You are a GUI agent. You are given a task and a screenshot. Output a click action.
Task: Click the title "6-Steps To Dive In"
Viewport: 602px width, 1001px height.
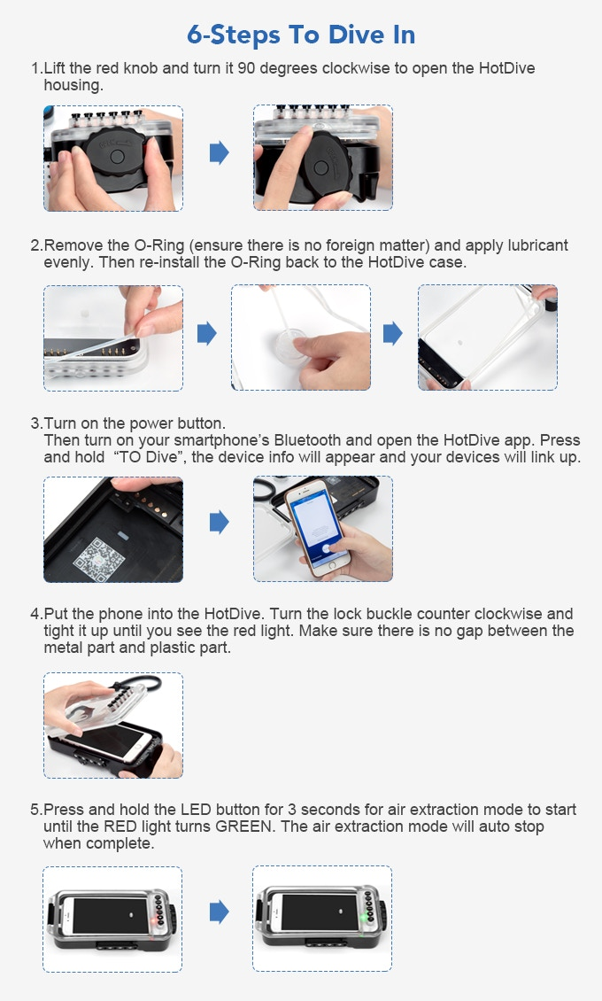[x=301, y=35]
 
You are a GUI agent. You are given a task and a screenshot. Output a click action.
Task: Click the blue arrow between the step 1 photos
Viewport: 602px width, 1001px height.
[x=219, y=152]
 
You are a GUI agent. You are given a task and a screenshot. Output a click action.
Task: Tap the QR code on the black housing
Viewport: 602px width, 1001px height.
[x=99, y=559]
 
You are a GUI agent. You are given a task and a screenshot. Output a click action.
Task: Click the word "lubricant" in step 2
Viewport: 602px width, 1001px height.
[x=537, y=245]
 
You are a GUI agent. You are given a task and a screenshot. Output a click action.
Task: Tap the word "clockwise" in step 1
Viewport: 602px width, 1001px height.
[x=356, y=68]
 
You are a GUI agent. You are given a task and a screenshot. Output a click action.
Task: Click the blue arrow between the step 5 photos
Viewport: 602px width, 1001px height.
[x=219, y=912]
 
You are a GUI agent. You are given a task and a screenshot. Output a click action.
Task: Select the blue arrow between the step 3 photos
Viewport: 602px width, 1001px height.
[x=219, y=523]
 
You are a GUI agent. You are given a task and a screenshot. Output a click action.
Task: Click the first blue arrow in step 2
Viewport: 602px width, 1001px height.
[x=206, y=333]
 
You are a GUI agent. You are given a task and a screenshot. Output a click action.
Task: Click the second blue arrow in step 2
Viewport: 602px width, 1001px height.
[x=393, y=333]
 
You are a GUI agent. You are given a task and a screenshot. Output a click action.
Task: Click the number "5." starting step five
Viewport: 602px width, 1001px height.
[x=36, y=810]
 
